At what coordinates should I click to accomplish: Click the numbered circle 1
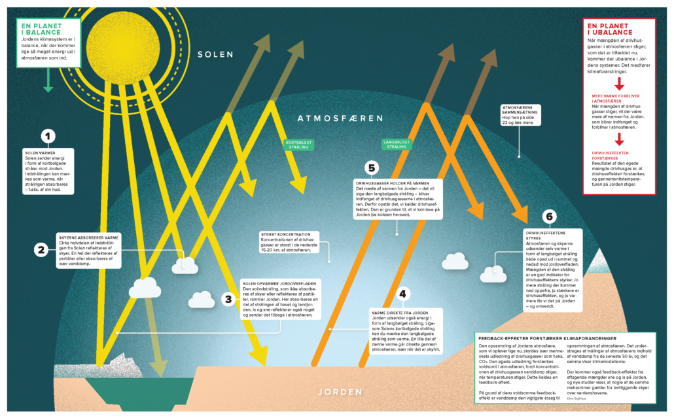pos(47,137)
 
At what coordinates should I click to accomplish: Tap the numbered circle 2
pos(41,249)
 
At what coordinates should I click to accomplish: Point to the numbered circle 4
pos(403,294)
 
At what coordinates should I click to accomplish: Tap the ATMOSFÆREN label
pos(340,118)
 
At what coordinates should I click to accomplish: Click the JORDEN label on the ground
pos(340,393)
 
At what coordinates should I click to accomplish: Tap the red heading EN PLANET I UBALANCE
pos(609,29)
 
